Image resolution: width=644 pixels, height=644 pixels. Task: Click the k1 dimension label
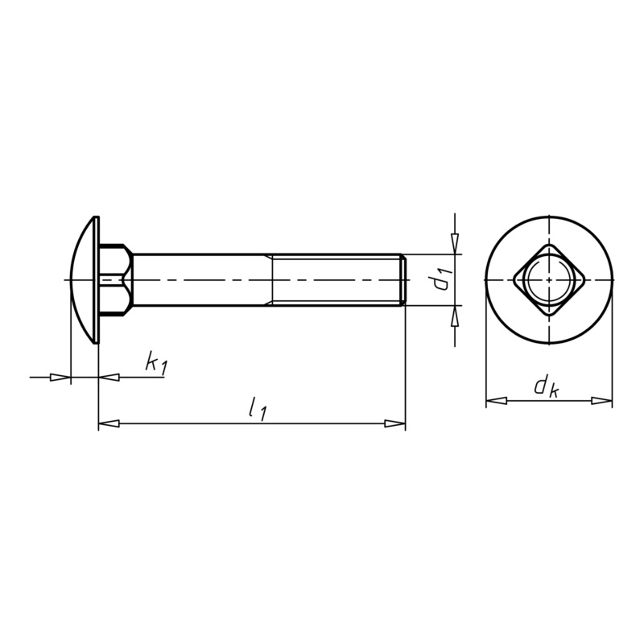coord(156,364)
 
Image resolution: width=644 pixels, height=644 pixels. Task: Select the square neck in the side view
coord(115,280)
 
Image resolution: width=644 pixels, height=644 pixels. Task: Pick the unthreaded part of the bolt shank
coord(201,280)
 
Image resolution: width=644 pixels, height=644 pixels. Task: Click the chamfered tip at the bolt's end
coord(403,280)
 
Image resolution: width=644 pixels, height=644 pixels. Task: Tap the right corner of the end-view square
coord(583,280)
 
